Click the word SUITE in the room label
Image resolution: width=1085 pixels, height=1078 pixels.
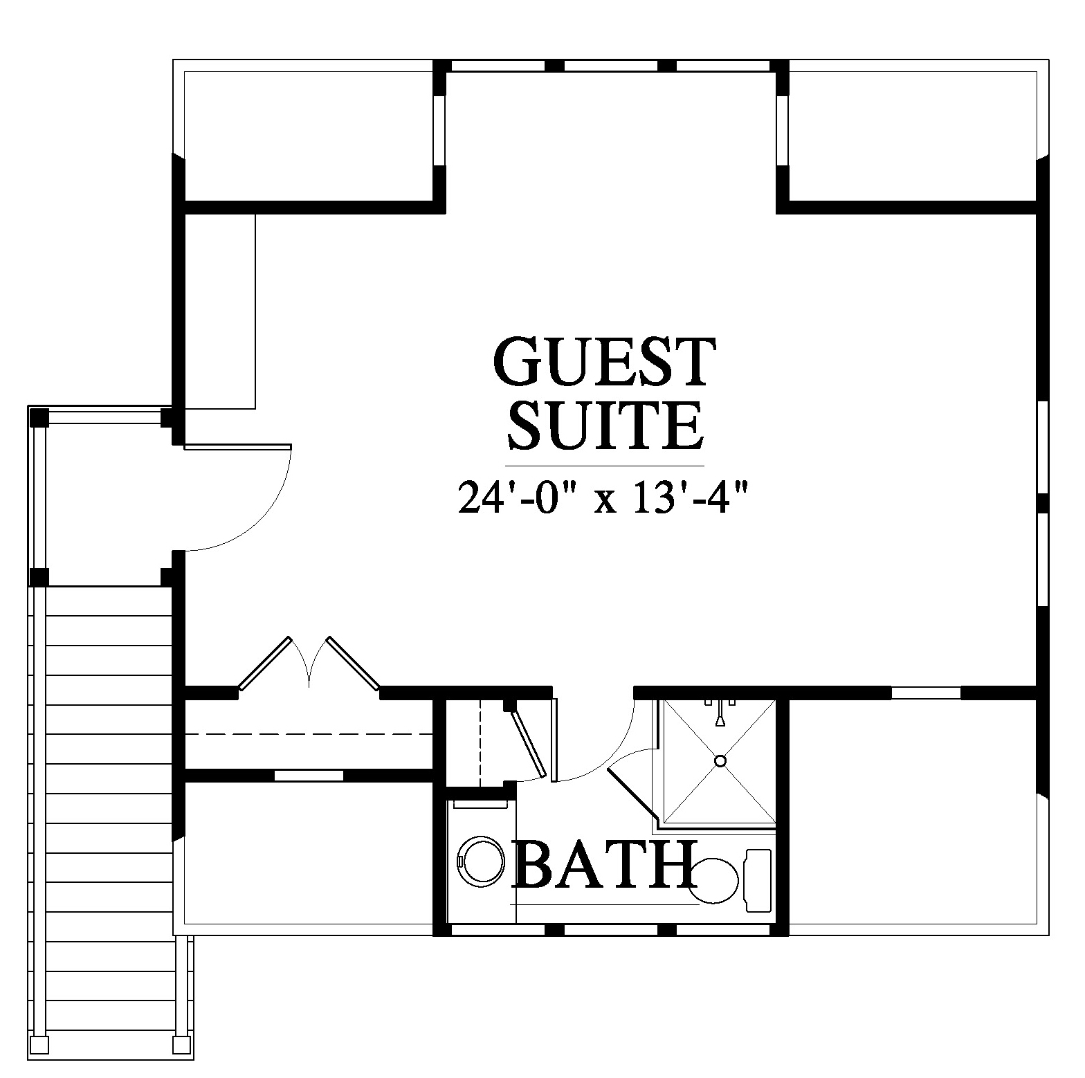(605, 425)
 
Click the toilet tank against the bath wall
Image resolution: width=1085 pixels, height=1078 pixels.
(757, 880)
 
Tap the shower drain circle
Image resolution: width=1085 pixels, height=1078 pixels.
(720, 760)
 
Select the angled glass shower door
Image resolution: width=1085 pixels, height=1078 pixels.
(631, 790)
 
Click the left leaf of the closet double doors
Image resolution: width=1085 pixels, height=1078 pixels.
(264, 663)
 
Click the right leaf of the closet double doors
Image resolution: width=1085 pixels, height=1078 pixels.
(353, 663)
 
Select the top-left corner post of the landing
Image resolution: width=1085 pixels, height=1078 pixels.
(39, 417)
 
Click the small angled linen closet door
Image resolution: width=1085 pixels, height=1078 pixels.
(529, 744)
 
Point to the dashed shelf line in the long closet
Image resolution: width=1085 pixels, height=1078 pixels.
(309, 733)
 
